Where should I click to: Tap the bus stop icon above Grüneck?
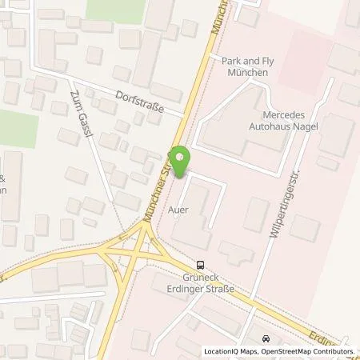(200, 266)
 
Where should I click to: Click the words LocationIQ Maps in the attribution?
(230, 351)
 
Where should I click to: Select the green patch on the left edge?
(19, 128)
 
